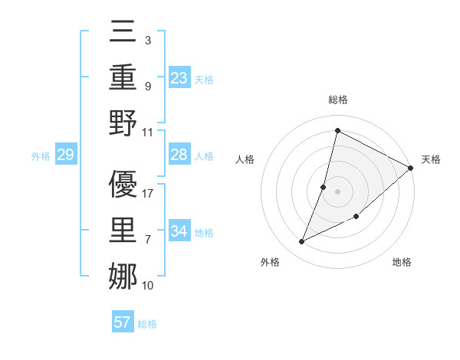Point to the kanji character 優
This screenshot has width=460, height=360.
pos(123,184)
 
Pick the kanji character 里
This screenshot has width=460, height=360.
pos(123,230)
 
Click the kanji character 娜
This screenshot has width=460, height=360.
pos(123,276)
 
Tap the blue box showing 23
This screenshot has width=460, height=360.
pos(179,78)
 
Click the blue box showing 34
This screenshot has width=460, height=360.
pos(179,231)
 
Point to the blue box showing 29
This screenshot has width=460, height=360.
pos(65,155)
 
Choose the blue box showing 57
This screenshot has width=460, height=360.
pos(123,322)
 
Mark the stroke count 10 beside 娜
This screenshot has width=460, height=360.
pos(148,286)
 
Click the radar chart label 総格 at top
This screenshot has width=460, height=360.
pos(337,100)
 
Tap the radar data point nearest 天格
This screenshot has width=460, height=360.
pos(410,168)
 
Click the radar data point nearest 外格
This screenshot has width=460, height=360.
pos(302,242)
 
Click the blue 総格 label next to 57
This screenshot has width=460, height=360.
pos(147,324)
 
